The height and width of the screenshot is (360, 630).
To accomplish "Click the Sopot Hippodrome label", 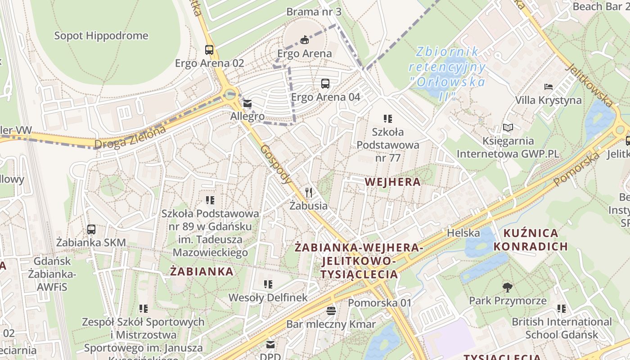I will [x=101, y=36].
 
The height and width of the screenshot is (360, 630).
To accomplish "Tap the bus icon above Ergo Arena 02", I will [x=209, y=49].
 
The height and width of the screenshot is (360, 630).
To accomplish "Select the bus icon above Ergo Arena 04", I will [x=325, y=83].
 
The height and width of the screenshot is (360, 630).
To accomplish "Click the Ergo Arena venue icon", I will [x=305, y=40].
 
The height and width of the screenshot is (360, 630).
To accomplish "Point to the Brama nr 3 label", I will [x=314, y=11].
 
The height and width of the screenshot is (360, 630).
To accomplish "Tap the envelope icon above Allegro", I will [x=247, y=104].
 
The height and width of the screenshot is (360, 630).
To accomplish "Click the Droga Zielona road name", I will [x=130, y=138].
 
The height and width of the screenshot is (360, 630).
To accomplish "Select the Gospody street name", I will [x=276, y=164].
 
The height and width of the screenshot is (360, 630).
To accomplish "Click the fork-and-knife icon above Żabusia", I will [x=308, y=193].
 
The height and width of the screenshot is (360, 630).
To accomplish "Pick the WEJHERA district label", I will [x=392, y=182].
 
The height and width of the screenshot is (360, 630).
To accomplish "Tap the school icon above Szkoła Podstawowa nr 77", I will [x=388, y=119].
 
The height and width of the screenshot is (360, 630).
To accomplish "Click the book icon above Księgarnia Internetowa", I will [x=508, y=128].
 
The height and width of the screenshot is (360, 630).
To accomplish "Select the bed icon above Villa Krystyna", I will [x=549, y=86].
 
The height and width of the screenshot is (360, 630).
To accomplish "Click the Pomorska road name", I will [x=577, y=169].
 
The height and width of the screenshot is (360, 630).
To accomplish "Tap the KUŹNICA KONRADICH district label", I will [x=531, y=240].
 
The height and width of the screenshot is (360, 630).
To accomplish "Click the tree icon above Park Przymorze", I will [x=508, y=287].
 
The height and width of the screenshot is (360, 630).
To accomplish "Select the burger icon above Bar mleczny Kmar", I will [x=331, y=310].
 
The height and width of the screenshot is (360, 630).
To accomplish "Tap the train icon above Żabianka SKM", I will [x=91, y=229].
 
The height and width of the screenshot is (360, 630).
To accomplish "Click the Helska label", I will [x=463, y=233].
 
